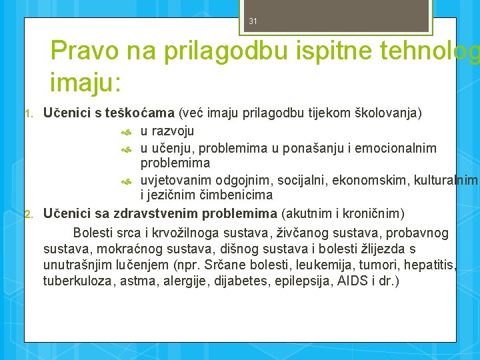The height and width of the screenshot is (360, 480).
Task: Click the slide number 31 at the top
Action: [x=253, y=21]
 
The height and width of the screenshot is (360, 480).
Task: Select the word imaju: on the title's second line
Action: [x=85, y=83]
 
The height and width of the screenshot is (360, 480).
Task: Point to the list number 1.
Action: [x=28, y=113]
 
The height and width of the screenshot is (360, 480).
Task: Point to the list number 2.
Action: [x=28, y=214]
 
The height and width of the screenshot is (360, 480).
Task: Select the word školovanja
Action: [x=390, y=113]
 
